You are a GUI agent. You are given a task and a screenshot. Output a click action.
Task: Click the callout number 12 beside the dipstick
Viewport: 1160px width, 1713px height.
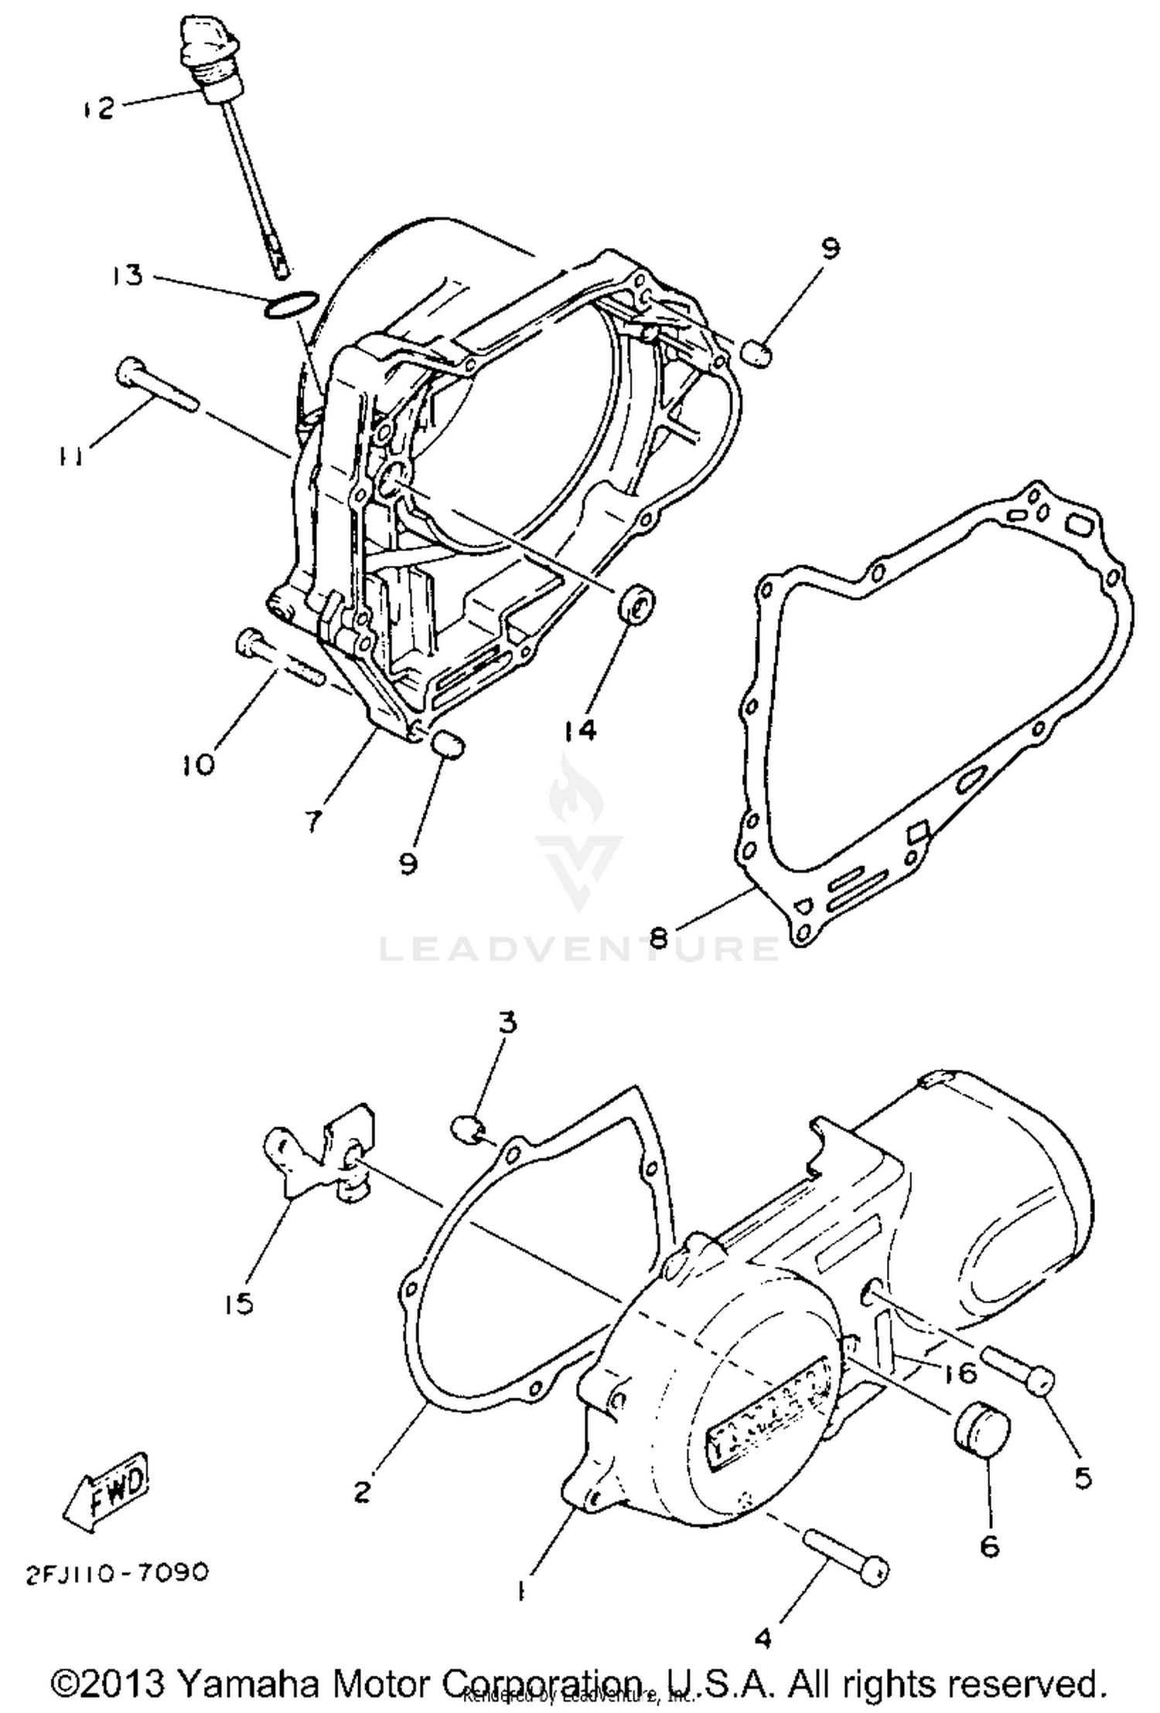(x=99, y=107)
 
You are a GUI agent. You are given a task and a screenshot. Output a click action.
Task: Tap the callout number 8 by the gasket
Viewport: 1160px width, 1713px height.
(x=658, y=938)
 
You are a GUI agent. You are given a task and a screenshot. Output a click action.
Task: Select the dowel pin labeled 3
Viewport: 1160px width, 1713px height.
(x=467, y=1127)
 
